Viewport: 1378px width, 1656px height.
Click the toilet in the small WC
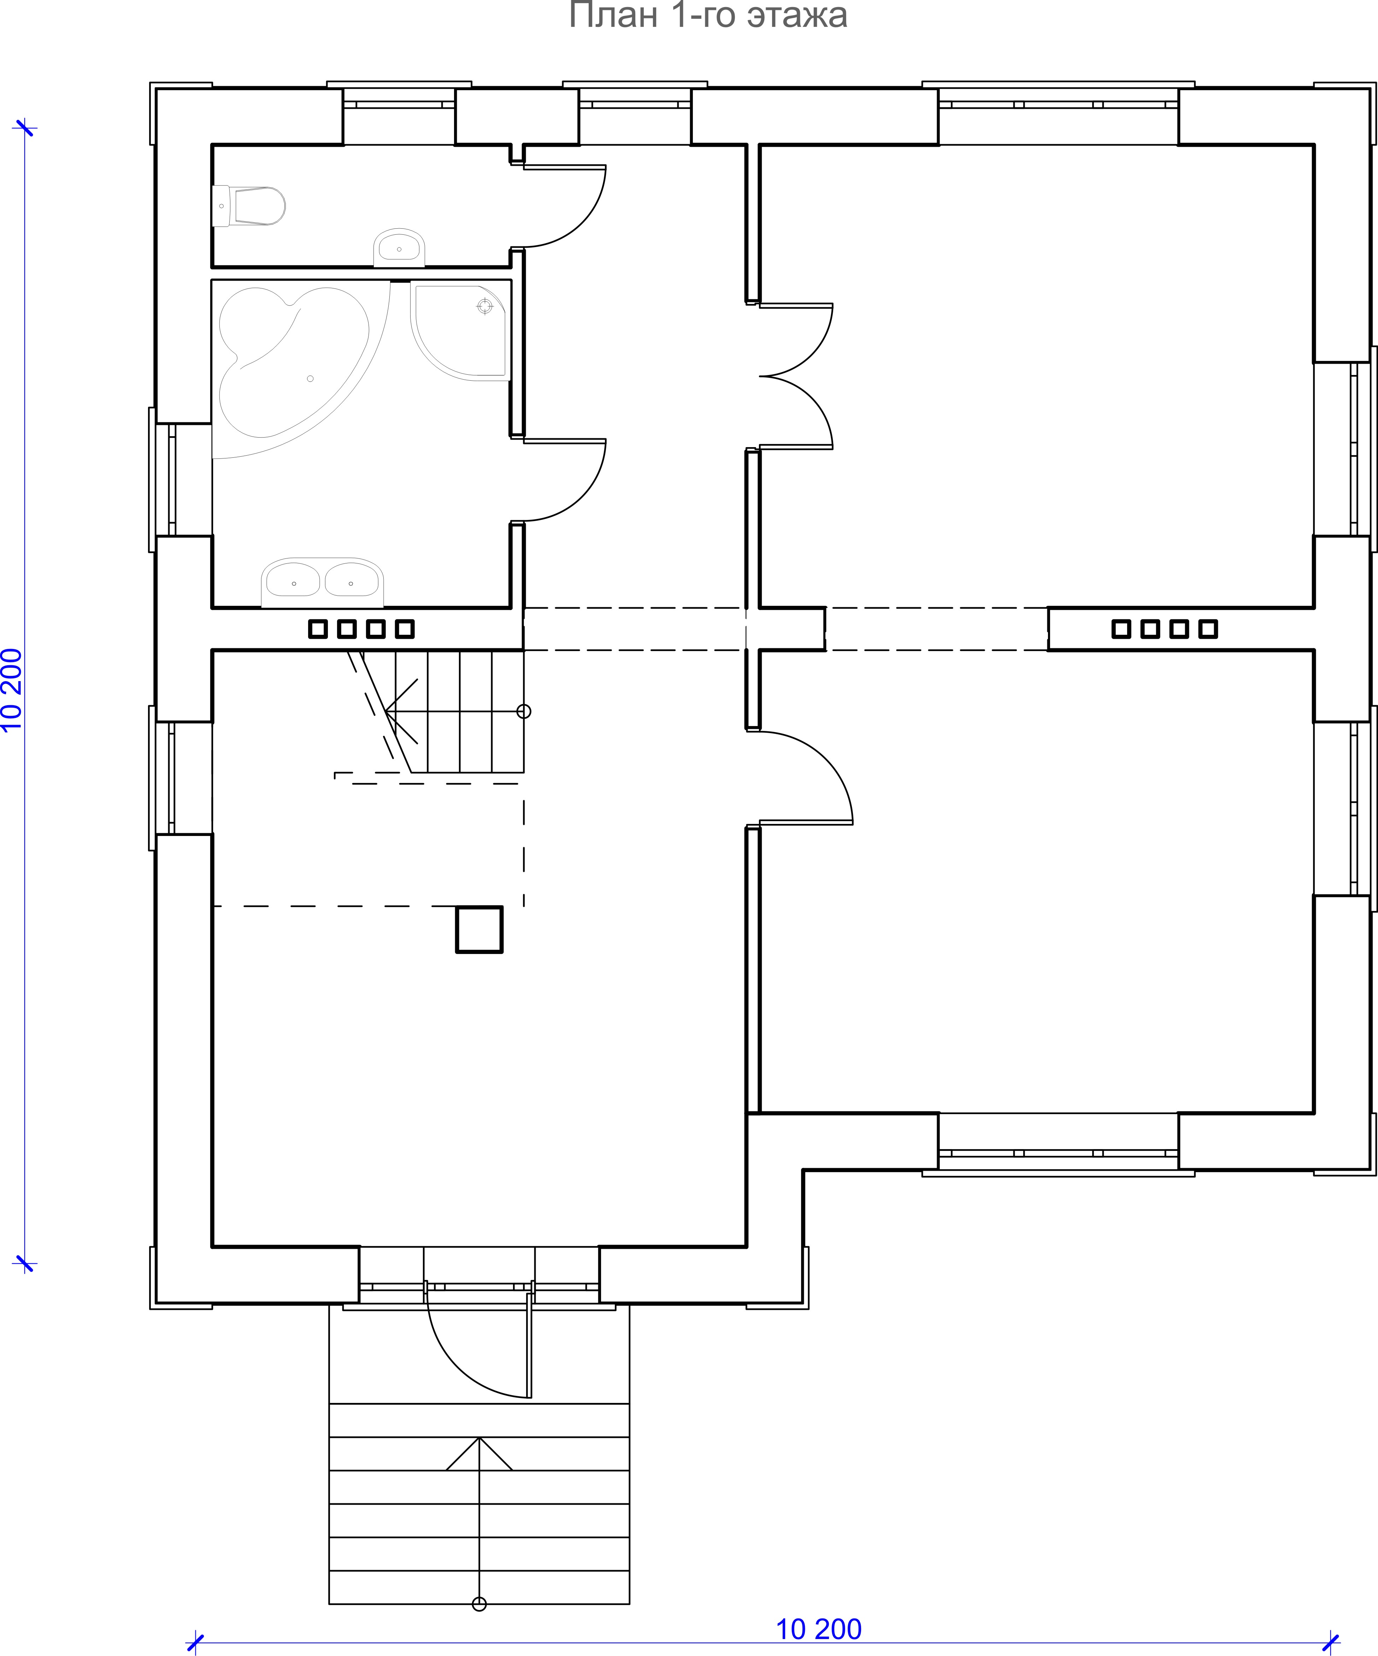[x=248, y=206]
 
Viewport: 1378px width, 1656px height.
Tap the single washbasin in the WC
[x=399, y=248]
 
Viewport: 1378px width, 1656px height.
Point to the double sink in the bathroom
[x=323, y=582]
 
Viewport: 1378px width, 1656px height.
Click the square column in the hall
[x=479, y=929]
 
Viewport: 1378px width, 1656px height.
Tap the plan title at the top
[x=708, y=16]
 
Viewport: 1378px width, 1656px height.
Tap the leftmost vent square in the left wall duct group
[x=318, y=628]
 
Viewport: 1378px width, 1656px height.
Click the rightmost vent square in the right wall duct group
[x=1208, y=628]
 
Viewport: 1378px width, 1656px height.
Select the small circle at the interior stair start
[x=523, y=711]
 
